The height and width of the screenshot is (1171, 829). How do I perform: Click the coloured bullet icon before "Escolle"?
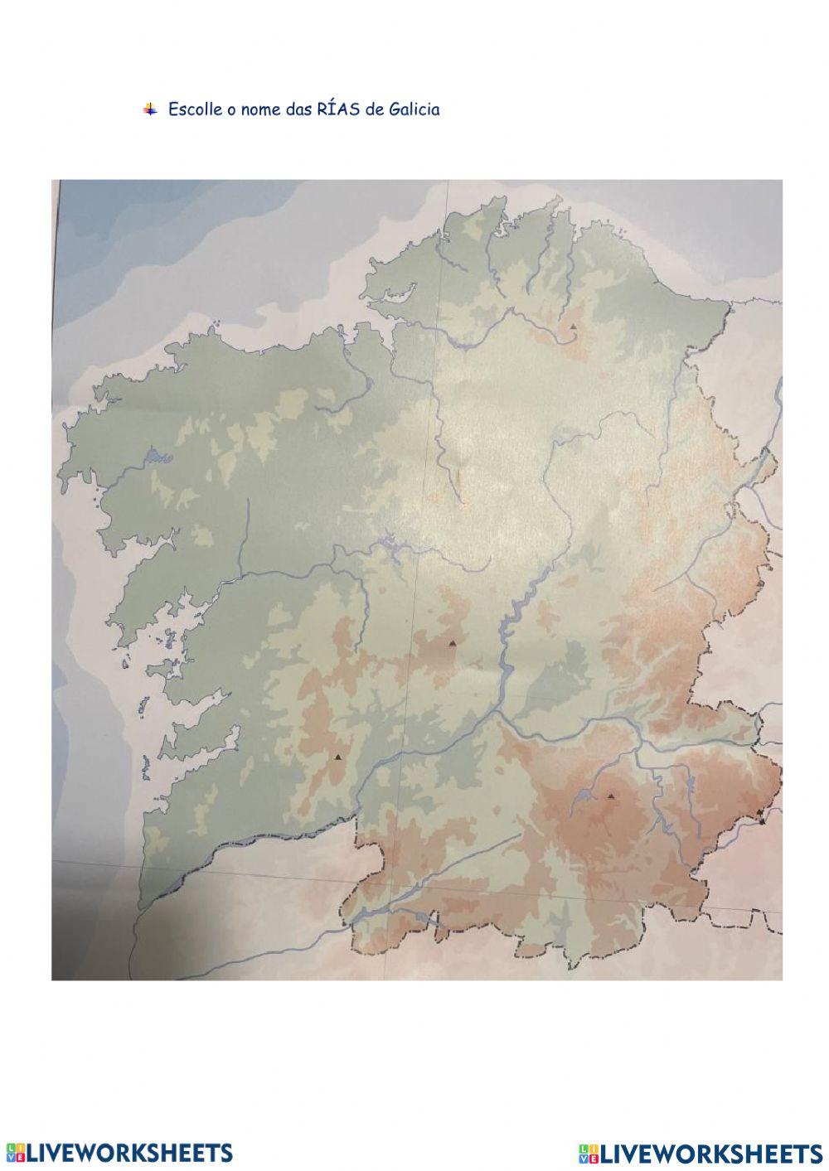pos(149,109)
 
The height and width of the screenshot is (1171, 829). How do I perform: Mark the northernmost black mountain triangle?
pos(572,327)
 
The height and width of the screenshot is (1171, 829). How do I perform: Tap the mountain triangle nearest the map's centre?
pos(453,643)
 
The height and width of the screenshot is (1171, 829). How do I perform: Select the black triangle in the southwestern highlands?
pos(337,757)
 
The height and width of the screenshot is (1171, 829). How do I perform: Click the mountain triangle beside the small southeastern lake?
pos(611,796)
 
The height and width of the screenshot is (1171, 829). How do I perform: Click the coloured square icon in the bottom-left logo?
pos(15,1152)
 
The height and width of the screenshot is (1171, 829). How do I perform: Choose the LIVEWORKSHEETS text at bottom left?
pos(129,1152)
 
